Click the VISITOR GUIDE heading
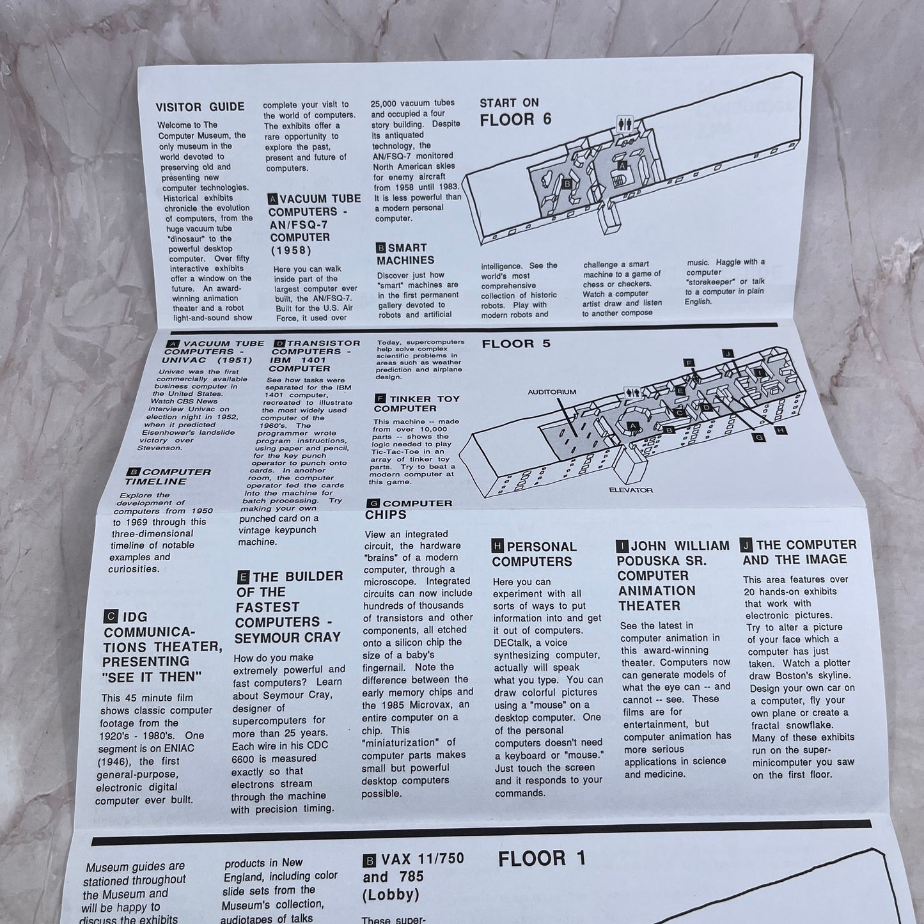(x=201, y=107)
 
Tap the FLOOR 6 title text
(x=515, y=120)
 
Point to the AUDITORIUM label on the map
(x=552, y=392)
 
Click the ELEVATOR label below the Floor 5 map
(x=630, y=490)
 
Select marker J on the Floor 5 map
(x=726, y=353)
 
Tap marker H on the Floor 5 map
(x=781, y=430)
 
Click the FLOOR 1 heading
(x=542, y=858)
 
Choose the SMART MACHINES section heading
(x=405, y=254)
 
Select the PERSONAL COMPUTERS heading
(x=534, y=554)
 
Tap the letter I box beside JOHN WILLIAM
(x=622, y=546)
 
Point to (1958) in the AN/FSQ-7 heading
(x=291, y=250)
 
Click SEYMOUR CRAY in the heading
(x=288, y=637)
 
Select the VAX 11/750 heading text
(x=420, y=858)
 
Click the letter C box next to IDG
(x=110, y=617)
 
